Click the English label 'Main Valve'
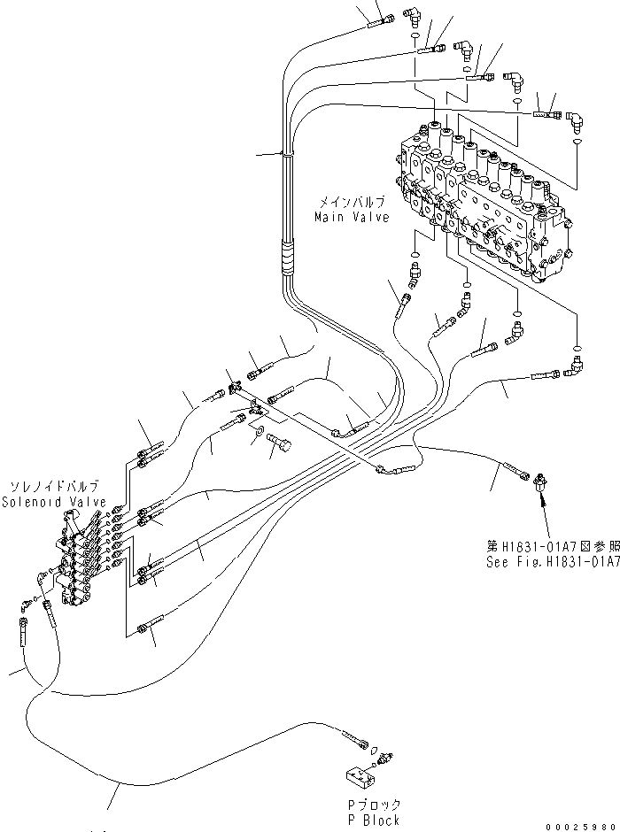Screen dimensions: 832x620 click(x=352, y=218)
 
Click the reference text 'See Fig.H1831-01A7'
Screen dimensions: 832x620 click(x=551, y=561)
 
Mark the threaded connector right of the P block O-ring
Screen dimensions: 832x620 click(x=387, y=758)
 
